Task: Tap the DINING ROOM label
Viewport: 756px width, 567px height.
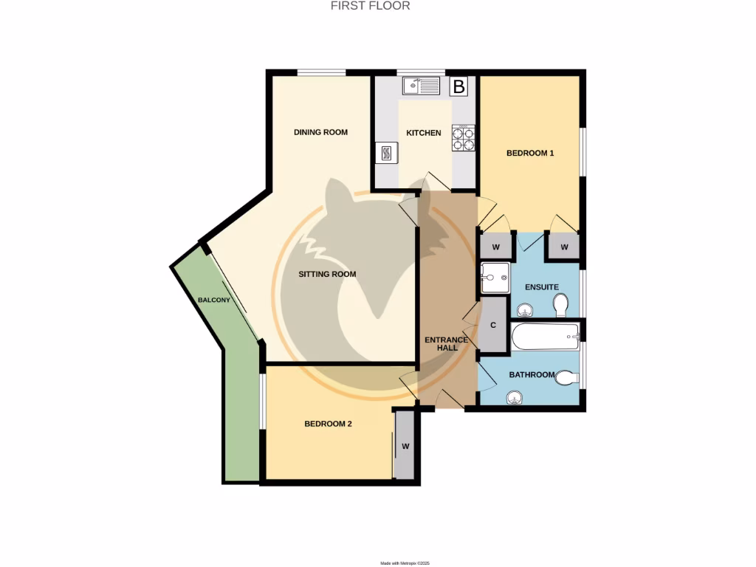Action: click(x=320, y=133)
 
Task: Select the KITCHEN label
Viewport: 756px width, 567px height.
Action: click(x=424, y=134)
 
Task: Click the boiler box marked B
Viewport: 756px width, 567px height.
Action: click(x=458, y=87)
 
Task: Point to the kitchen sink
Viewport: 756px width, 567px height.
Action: click(x=421, y=87)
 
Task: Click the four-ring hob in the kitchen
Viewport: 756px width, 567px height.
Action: click(x=462, y=138)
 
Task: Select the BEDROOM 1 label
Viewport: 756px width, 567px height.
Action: click(x=529, y=154)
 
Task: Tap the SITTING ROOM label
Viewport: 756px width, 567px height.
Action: click(x=327, y=274)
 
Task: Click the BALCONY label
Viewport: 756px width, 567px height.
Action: click(x=214, y=300)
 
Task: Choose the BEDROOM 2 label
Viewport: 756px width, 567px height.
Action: click(x=328, y=425)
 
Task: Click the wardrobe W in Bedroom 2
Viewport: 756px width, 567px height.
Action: click(x=405, y=447)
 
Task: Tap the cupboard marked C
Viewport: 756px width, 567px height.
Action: click(x=492, y=325)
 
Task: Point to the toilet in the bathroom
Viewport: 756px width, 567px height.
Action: click(x=566, y=377)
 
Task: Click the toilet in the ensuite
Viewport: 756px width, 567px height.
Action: click(x=561, y=304)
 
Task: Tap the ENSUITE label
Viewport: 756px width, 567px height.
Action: click(x=541, y=286)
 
